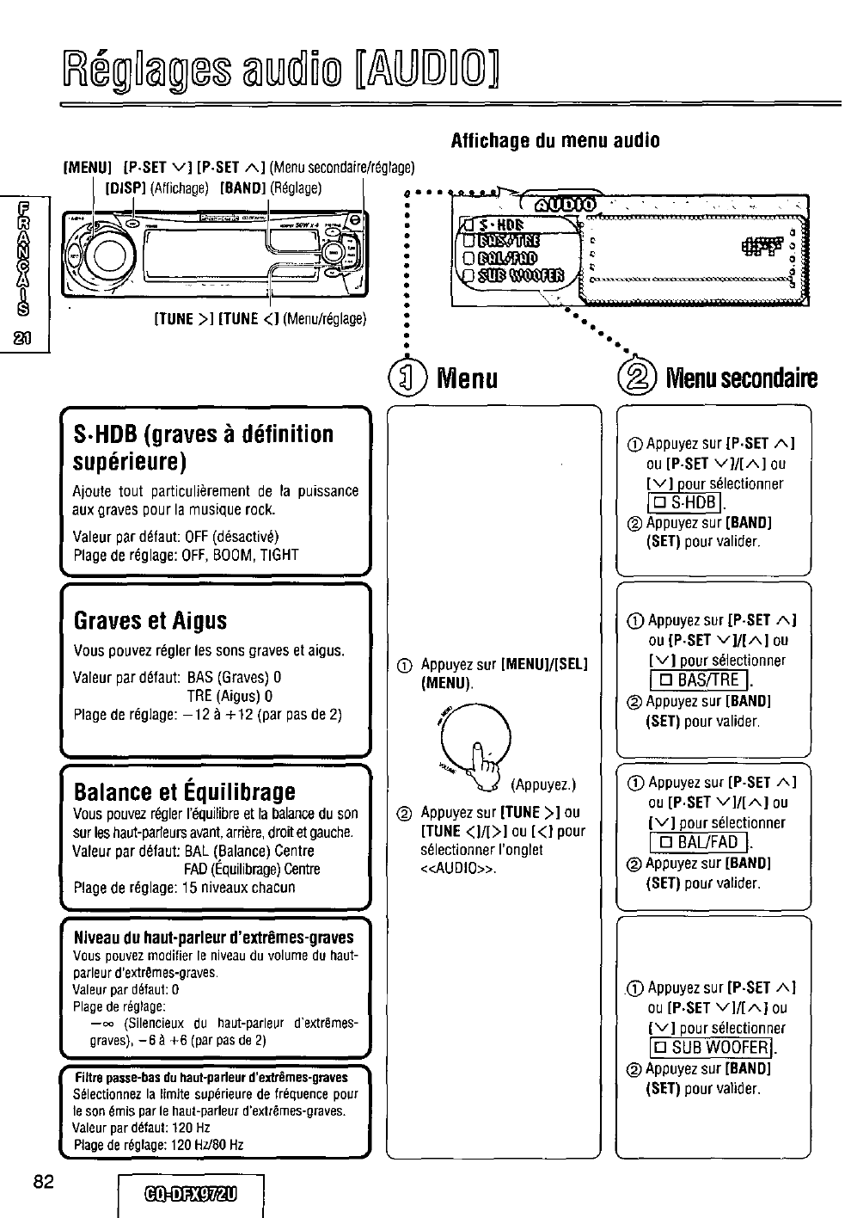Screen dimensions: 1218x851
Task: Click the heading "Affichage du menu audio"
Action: point(555,141)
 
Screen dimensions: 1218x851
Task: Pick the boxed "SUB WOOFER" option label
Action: point(711,1047)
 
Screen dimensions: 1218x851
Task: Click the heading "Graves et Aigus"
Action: point(150,620)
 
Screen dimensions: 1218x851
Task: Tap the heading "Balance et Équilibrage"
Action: point(184,790)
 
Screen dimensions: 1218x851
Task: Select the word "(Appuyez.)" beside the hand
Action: point(543,784)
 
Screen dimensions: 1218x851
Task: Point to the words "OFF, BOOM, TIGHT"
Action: point(237,555)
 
